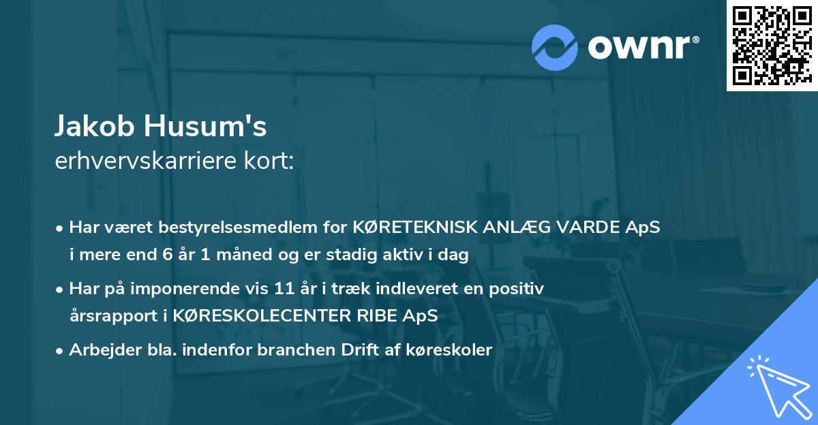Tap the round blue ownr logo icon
coord(554,47)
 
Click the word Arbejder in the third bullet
coord(98,350)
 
